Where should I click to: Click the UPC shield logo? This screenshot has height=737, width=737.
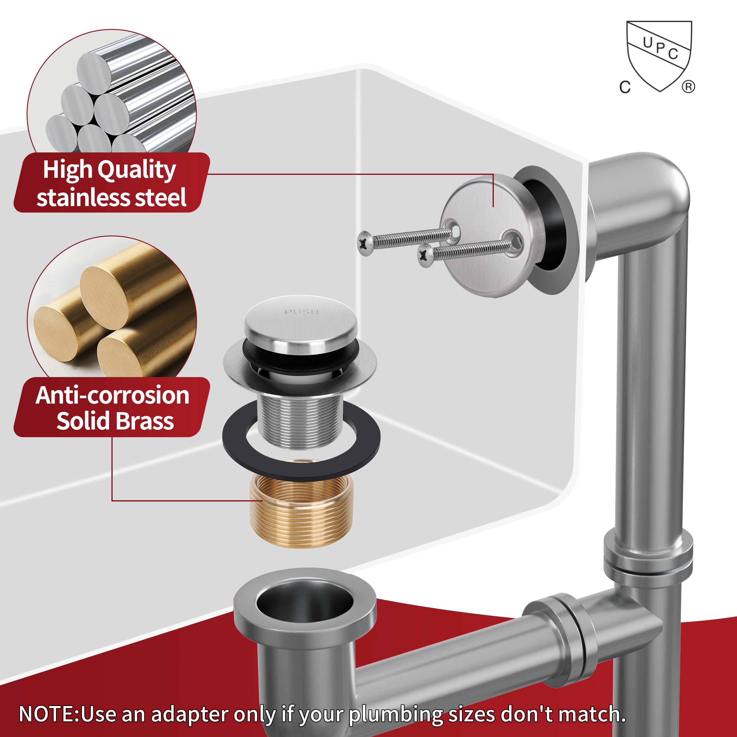tap(659, 55)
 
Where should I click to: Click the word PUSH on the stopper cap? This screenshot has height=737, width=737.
tap(301, 312)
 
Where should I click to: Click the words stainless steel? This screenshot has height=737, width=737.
tap(111, 198)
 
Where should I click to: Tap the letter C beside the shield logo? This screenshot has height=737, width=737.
tap(625, 87)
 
